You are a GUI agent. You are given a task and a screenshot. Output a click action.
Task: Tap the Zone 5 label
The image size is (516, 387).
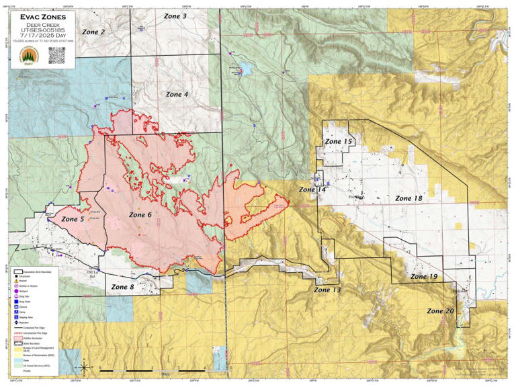pos(73,219)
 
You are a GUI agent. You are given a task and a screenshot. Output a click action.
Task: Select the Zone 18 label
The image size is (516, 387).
pos(408,198)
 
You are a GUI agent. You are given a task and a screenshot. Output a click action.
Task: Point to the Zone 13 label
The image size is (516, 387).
pos(327,290)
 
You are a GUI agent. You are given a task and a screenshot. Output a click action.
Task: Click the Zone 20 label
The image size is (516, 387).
pos(441,310)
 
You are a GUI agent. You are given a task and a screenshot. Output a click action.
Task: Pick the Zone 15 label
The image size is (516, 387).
pos(338,142)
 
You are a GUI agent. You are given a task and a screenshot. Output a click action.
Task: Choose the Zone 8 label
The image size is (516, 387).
pos(122,287)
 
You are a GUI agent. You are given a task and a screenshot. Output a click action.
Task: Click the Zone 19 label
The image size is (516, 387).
pos(424,276)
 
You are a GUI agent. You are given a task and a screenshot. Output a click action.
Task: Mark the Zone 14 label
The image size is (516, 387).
pos(312,190)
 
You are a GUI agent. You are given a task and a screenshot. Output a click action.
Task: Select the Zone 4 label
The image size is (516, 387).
pos(176,95)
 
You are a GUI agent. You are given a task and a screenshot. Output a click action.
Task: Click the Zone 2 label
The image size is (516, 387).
pos(93,32)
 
